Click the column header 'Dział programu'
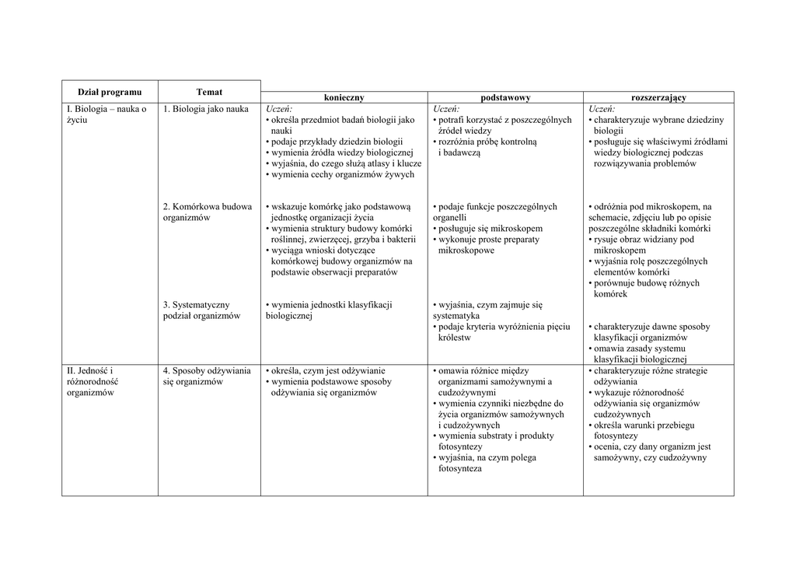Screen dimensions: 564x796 tap(110, 92)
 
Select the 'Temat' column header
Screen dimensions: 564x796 tap(209, 92)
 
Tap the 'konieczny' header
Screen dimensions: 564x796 tap(344, 97)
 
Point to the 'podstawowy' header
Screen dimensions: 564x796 tap(505, 97)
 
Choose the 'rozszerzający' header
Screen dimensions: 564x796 tap(658, 97)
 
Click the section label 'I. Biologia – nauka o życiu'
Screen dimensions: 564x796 tap(106, 114)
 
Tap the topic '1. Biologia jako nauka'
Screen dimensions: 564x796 tap(206, 109)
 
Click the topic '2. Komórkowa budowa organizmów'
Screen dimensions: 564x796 tap(207, 212)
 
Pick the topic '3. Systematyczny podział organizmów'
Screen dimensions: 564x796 tap(202, 310)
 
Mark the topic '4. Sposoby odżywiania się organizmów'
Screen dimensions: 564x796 tap(207, 377)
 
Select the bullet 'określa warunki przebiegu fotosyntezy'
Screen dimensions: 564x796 tap(644, 431)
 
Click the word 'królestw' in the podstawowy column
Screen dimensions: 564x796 tap(455, 338)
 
